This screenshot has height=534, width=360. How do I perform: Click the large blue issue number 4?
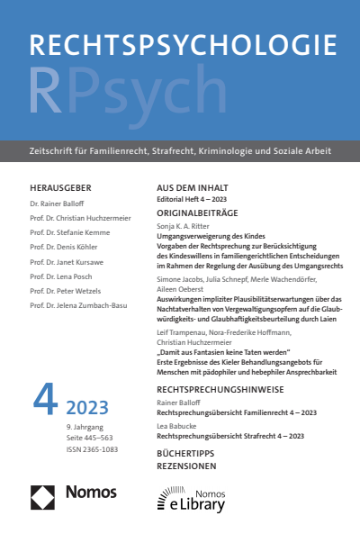pos(44,401)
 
